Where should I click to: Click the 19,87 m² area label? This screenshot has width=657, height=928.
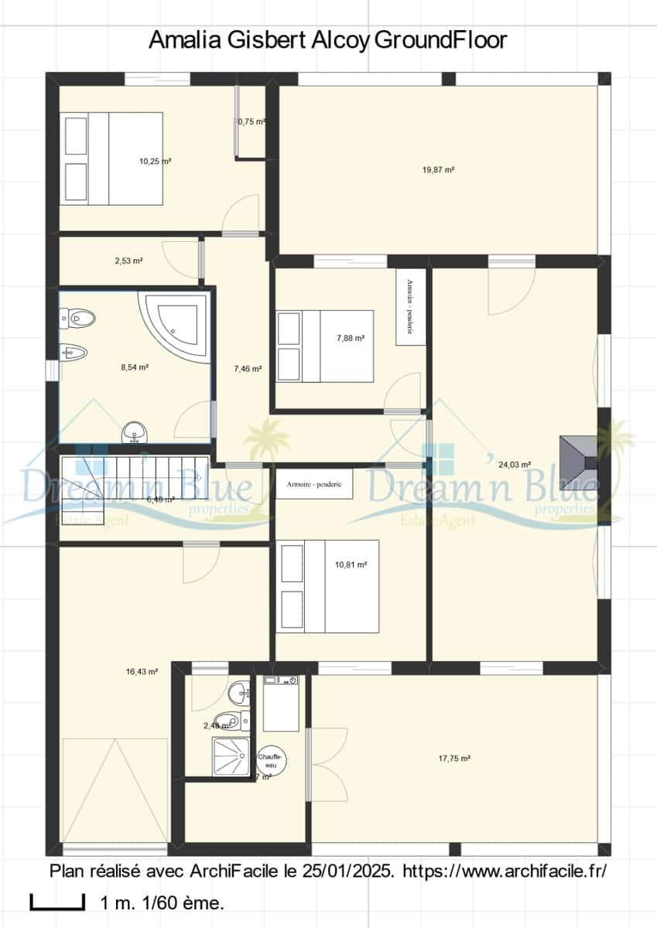tap(438, 170)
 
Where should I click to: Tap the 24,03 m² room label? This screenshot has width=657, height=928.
tap(515, 465)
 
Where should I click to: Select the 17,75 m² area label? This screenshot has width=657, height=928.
tap(454, 759)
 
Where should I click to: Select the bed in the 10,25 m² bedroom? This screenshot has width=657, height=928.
tap(113, 159)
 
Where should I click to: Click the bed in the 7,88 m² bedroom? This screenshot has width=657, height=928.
tap(326, 346)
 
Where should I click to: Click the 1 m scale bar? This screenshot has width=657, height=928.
tap(57, 902)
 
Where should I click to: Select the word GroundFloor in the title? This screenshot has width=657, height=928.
tap(440, 39)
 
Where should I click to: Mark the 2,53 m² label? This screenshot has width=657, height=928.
tap(128, 261)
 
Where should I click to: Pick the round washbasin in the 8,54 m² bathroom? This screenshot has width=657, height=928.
tap(135, 432)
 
